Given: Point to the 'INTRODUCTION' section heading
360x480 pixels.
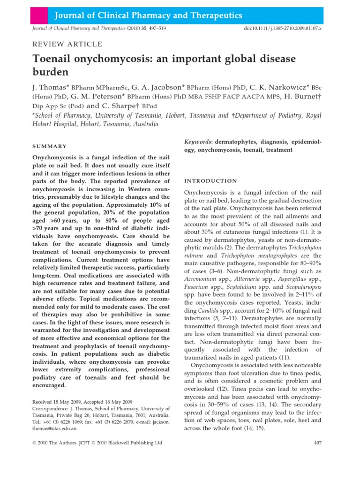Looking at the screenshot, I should (x=210, y=181).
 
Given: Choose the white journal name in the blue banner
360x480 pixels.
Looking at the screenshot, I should (x=149, y=16).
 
